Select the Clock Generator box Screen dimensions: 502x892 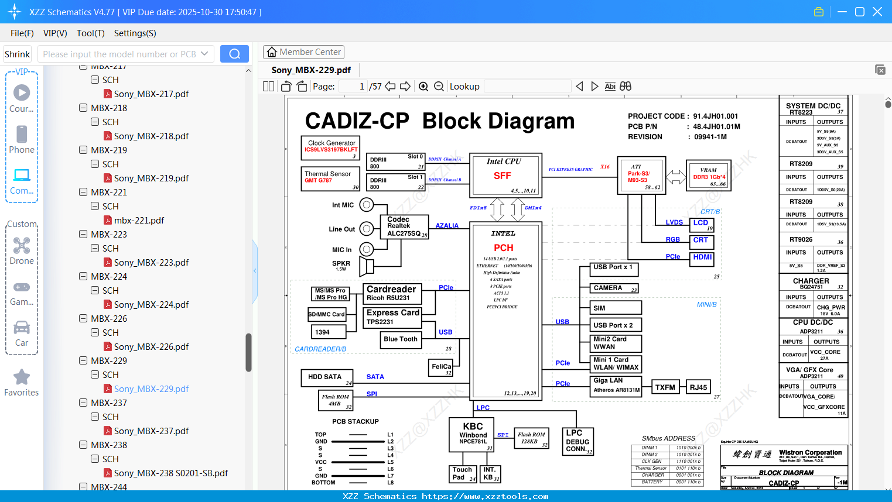point(331,148)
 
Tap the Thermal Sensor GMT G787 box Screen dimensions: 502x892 point(331,178)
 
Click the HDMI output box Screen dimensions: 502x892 point(702,257)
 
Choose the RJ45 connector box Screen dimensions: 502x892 point(698,387)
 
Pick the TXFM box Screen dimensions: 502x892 point(665,387)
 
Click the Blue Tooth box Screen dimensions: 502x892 point(401,339)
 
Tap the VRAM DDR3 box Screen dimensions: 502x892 point(709,176)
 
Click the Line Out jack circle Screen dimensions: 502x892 point(367,229)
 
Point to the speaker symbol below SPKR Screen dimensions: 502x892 point(367,266)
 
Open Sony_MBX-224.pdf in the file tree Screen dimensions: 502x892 point(151,305)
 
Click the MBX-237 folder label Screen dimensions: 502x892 point(109,403)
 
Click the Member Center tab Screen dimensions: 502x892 point(303,52)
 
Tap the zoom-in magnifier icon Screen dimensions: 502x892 point(423,87)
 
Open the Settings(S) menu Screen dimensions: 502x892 point(135,33)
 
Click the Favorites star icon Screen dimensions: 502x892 point(22,377)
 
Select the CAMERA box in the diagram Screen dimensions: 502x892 point(614,288)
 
